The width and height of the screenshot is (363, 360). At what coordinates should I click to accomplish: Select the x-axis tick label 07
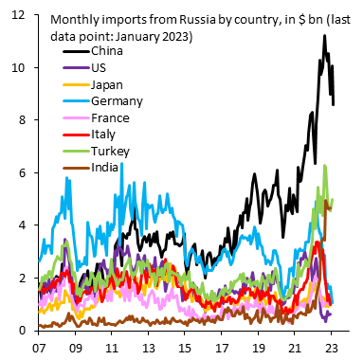[41, 348]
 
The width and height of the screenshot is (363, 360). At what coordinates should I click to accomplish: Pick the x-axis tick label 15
[188, 348]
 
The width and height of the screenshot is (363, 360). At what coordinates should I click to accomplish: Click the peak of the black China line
[324, 36]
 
